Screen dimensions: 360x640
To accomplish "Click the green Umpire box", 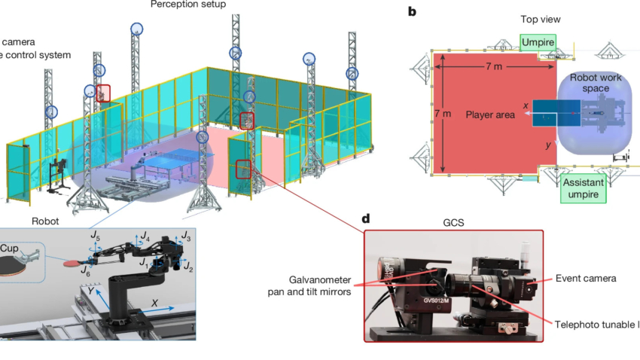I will coord(539,43).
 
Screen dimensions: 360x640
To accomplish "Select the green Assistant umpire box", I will coord(584,188).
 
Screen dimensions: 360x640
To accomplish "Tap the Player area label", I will coord(489,114).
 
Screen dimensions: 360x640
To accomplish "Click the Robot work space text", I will coord(594,83).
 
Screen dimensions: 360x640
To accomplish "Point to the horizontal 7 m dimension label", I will coord(493,67).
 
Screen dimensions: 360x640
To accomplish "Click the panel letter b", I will coord(412,11).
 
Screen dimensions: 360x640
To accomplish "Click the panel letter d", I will coord(366,219).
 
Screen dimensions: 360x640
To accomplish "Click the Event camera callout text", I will coord(586,279).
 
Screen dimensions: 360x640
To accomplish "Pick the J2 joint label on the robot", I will coord(188,267).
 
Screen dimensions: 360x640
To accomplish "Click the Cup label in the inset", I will coord(9,248).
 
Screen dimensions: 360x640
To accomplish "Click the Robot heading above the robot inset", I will coord(47,222).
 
